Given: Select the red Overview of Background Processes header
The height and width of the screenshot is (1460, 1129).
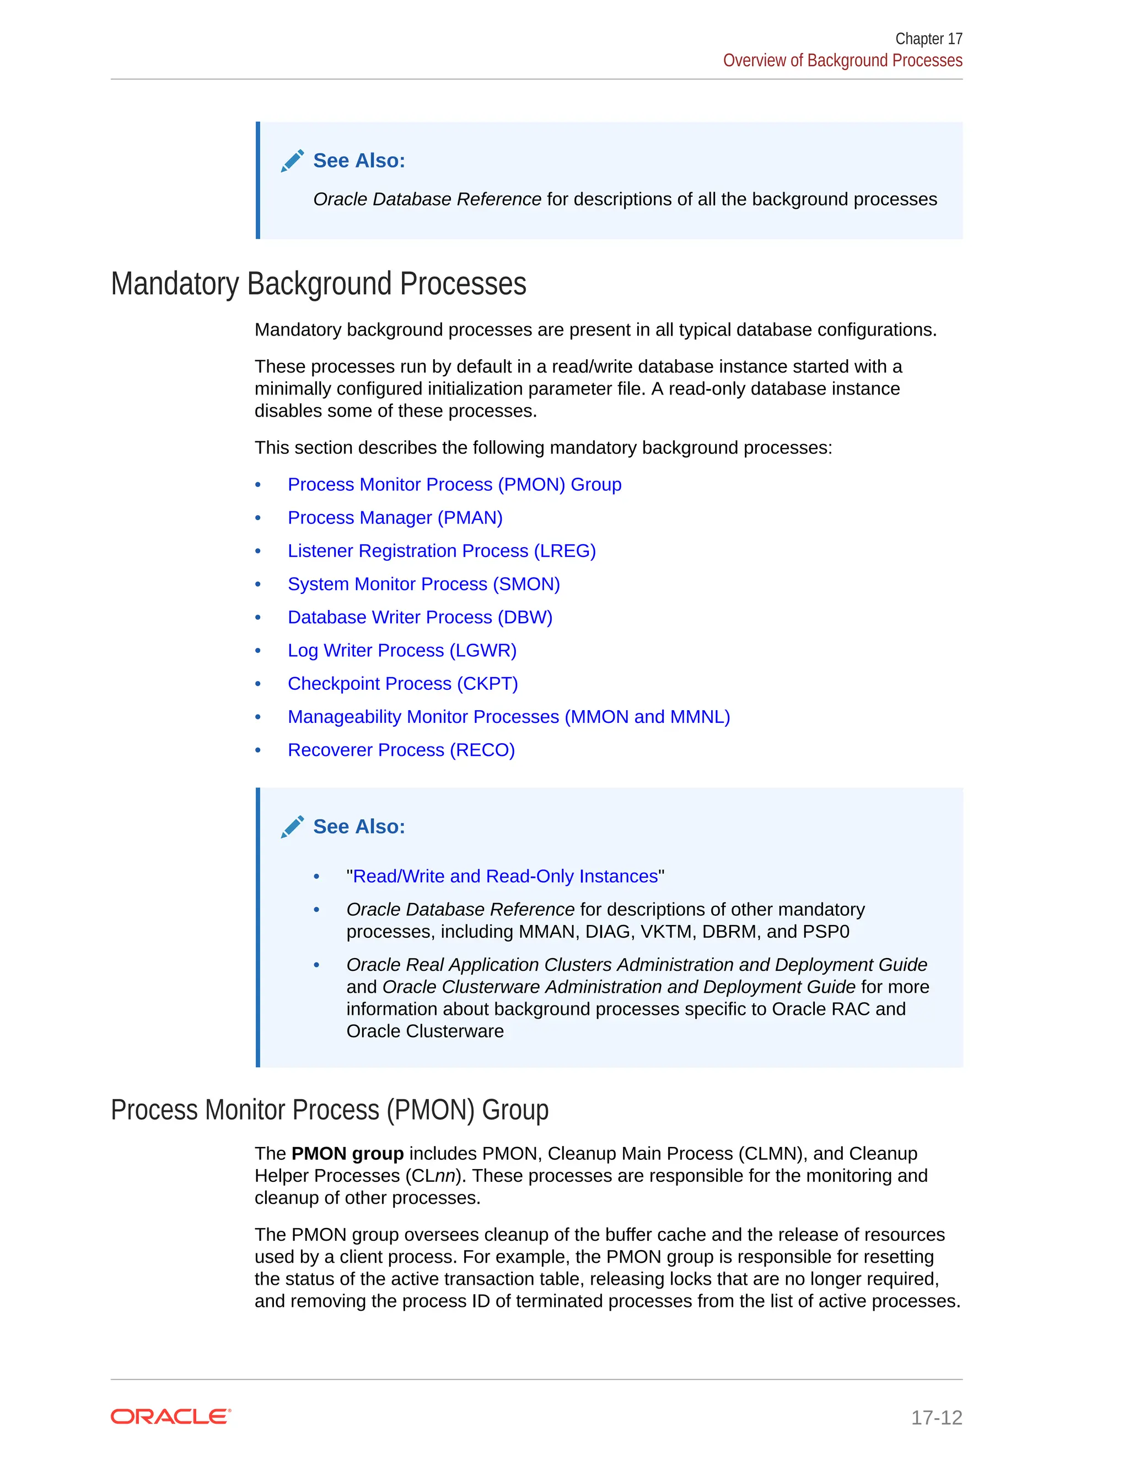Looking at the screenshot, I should (x=842, y=61).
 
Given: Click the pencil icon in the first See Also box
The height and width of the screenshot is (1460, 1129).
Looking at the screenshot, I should (x=292, y=161).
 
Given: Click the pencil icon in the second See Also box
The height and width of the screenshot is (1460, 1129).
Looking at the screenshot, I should (x=292, y=827).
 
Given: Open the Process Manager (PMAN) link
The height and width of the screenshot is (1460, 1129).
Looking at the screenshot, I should (x=395, y=517).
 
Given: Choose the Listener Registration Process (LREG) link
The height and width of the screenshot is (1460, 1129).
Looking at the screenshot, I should (x=442, y=551).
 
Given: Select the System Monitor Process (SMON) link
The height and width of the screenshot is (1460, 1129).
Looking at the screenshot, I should (x=423, y=584).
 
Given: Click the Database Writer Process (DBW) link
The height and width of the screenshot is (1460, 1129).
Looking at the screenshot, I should (x=420, y=617).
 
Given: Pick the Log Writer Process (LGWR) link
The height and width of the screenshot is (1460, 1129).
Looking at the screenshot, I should (x=402, y=651).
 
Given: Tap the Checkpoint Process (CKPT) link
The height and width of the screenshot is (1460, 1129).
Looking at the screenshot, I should (x=402, y=684).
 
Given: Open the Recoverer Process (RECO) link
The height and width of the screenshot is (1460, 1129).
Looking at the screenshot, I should (x=401, y=750).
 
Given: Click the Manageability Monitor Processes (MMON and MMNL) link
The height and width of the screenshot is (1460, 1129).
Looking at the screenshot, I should (x=508, y=717).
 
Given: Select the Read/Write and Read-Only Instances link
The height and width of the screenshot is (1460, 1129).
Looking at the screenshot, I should (x=505, y=877).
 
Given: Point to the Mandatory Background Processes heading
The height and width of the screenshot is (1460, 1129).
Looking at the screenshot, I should (x=319, y=284).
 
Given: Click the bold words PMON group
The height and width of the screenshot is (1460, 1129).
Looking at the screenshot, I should (x=347, y=1154).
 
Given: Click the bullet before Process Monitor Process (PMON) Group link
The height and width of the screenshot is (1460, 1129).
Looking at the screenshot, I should (x=258, y=485).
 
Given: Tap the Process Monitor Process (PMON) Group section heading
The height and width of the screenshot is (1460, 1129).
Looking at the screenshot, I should (x=329, y=1110).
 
